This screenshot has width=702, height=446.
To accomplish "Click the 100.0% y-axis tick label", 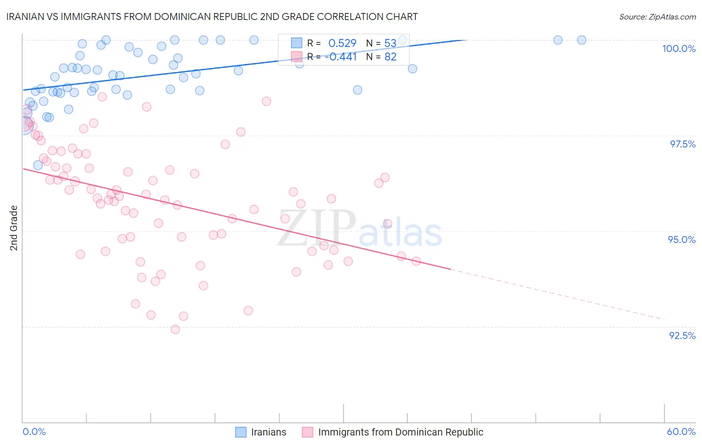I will click(x=679, y=48).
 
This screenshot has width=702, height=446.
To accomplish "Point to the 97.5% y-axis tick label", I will click(x=683, y=144).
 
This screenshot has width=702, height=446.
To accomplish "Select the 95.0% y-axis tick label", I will click(x=682, y=239).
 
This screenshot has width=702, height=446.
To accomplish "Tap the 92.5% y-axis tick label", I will click(x=682, y=335).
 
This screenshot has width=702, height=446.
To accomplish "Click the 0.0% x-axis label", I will click(x=34, y=431).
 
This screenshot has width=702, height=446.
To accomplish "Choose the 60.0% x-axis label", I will click(x=681, y=431).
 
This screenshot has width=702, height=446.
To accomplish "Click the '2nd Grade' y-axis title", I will click(x=14, y=228).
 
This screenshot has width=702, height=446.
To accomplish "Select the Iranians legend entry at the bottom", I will click(x=269, y=432).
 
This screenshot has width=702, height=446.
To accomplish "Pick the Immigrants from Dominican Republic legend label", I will click(x=400, y=432).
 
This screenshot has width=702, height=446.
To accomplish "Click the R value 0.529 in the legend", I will click(x=342, y=43).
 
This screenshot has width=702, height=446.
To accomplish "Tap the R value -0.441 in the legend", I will click(x=341, y=57).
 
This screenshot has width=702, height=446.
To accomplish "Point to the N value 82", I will click(x=390, y=57).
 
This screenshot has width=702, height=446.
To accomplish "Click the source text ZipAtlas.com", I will click(x=657, y=17).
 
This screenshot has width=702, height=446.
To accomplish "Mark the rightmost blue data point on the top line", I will click(x=581, y=40).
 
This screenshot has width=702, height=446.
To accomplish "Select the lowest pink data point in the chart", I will click(x=175, y=329).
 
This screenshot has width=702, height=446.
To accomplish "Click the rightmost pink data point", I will click(x=416, y=261).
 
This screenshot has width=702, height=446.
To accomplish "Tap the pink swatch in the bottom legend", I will click(x=308, y=432).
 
